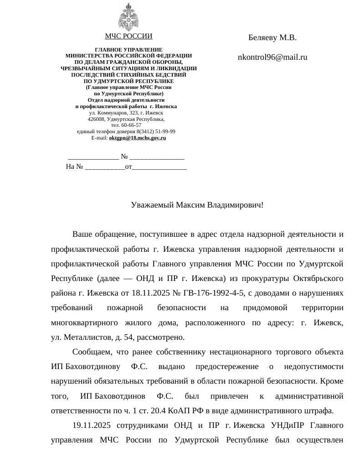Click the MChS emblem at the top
129,17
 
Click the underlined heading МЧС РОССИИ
129,36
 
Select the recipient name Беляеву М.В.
273,38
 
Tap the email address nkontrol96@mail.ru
273,57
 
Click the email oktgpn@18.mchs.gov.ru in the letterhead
138,138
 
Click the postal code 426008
96,119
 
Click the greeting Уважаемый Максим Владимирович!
197,205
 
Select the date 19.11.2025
92,426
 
